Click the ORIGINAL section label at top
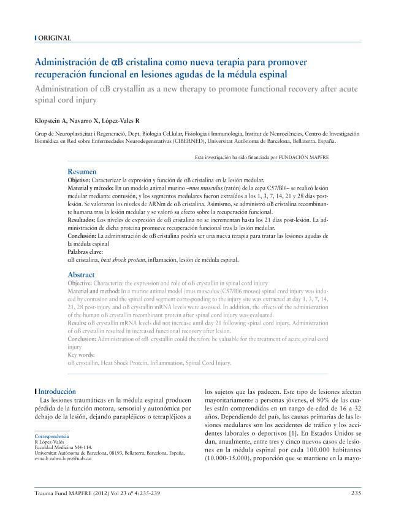coord(54,38)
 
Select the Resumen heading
coord(82,171)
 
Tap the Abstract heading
coord(81,274)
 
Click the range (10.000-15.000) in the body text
coord(233,458)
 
